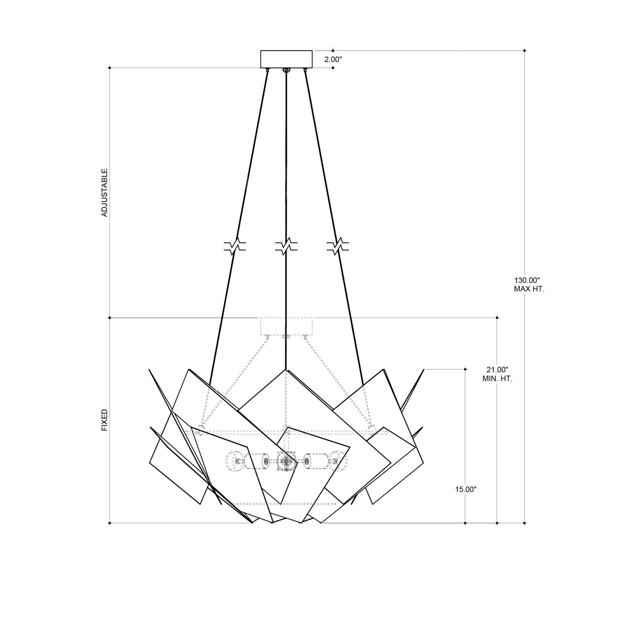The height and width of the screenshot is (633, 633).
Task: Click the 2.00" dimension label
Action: point(333,60)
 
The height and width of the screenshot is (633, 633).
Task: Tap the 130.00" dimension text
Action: point(526,280)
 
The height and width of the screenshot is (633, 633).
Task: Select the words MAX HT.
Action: point(529,289)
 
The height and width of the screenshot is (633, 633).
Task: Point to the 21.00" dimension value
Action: point(497,370)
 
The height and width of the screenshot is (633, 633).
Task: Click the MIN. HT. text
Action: point(497,379)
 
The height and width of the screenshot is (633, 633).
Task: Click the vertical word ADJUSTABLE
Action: point(104,193)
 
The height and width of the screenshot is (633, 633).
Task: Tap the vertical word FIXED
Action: point(104,420)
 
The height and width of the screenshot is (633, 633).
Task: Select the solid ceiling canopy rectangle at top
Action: point(286,59)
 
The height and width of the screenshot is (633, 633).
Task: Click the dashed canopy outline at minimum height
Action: point(286,326)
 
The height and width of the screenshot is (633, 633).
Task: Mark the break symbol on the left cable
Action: point(235,246)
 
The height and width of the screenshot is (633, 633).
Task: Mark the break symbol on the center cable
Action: point(286,246)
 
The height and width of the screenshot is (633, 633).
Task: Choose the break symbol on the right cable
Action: point(338,246)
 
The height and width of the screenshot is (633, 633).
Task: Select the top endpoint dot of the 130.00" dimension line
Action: point(524,50)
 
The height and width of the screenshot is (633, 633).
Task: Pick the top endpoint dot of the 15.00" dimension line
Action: point(465,369)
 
